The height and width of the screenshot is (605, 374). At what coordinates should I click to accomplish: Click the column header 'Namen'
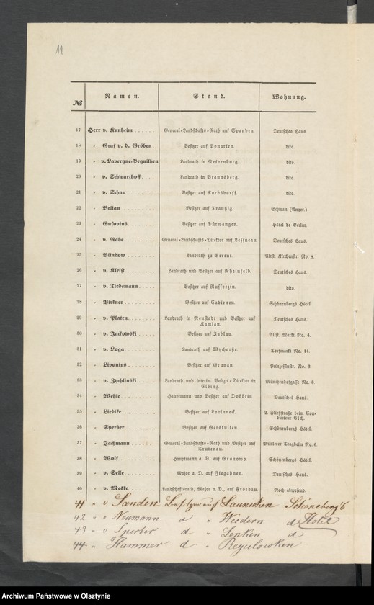tap(121, 95)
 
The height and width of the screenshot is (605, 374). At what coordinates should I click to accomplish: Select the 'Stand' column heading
tap(208, 95)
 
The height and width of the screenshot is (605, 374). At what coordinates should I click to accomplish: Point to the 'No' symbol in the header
tap(77, 103)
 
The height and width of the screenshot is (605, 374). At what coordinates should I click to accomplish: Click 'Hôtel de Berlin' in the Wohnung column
tap(289, 223)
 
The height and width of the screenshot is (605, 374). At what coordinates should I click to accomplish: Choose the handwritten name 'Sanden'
tap(127, 504)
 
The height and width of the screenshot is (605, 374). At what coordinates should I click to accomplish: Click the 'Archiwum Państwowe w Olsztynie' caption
tap(57, 596)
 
